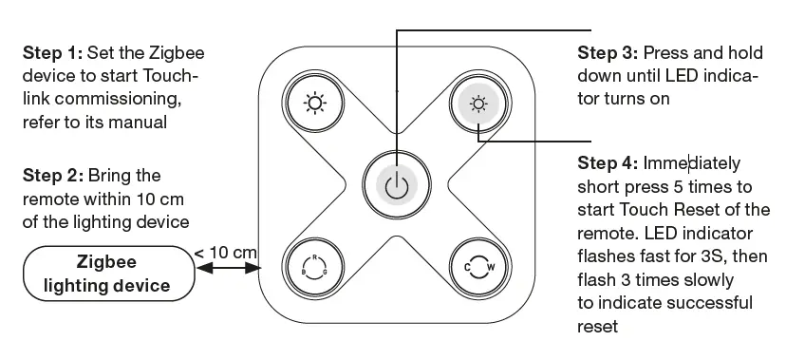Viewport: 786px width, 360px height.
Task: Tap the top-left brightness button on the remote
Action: click(x=310, y=102)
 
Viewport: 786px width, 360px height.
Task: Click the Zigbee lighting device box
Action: click(x=106, y=272)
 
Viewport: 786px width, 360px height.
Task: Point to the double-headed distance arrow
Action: click(x=227, y=270)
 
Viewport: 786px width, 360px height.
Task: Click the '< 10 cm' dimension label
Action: click(x=225, y=252)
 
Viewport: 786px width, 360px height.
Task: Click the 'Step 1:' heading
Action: click(x=52, y=53)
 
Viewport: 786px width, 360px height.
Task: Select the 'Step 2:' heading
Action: click(x=52, y=176)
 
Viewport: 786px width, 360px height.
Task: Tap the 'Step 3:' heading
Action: click(x=608, y=52)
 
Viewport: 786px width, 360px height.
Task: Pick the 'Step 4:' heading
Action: click(x=608, y=163)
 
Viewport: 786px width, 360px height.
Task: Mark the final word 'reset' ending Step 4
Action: click(x=598, y=326)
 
